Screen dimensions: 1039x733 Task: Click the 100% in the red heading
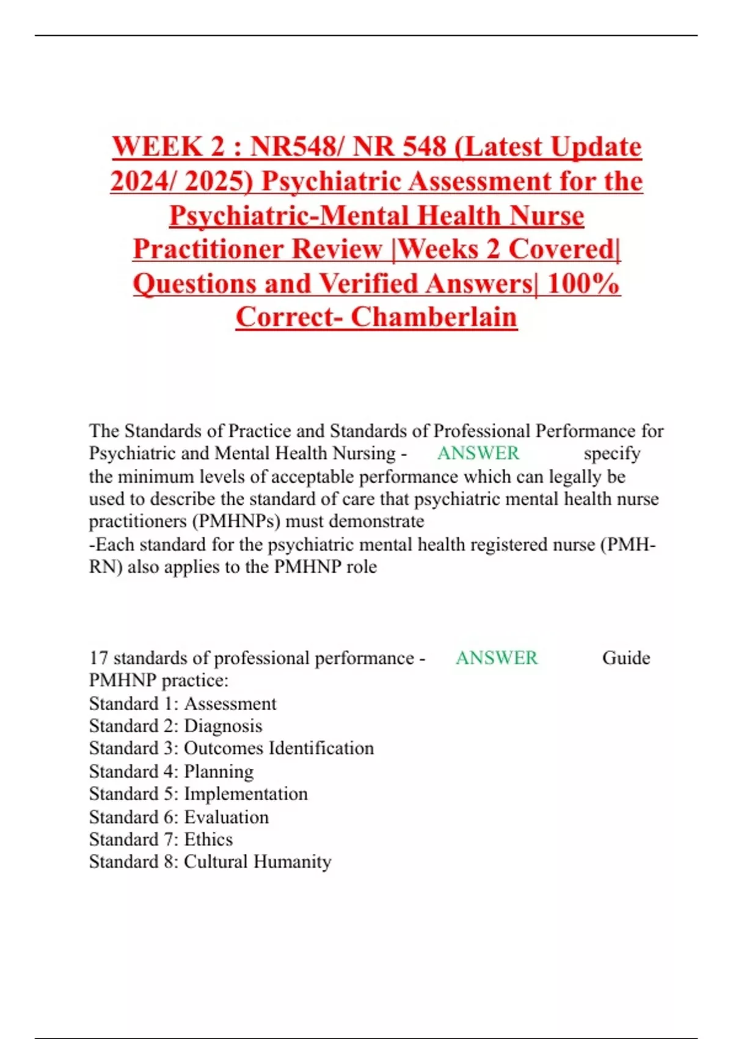[x=583, y=283]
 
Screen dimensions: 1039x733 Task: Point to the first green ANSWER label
[x=478, y=453]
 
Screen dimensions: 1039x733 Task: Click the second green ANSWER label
[x=497, y=658]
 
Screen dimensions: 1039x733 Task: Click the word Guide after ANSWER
[x=626, y=658]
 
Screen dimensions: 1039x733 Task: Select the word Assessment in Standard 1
[x=230, y=703]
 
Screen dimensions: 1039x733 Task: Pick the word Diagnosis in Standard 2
[x=223, y=726]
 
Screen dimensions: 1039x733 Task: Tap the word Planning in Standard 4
[x=219, y=771]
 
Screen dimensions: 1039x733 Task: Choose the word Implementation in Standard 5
[x=246, y=794]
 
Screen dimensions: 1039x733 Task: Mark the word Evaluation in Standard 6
[x=226, y=817]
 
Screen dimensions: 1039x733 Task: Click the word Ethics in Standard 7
[x=208, y=839]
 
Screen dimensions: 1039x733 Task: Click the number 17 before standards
[x=98, y=658]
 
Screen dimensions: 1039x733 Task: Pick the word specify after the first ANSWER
[x=611, y=453]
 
